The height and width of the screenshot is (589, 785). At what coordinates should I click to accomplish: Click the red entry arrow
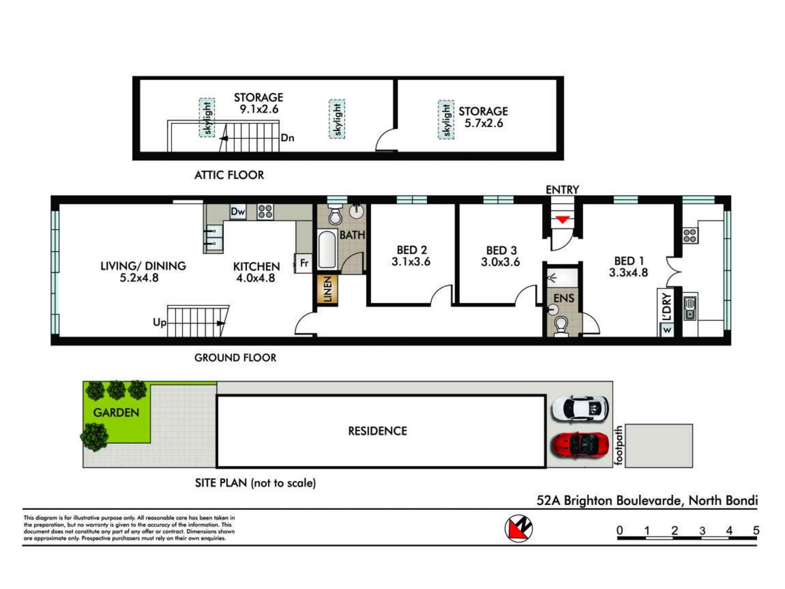pos(562,220)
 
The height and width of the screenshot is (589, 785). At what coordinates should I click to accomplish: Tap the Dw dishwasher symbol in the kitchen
pos(238,212)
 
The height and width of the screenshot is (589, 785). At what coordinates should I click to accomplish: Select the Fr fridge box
pos(303,263)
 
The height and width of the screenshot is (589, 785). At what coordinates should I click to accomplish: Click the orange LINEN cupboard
pos(327,289)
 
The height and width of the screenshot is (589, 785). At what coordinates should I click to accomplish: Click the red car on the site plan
pos(580,445)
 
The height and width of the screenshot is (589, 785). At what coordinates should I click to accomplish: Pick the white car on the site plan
pos(580,408)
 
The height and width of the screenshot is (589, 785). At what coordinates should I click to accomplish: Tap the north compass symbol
pos(518,528)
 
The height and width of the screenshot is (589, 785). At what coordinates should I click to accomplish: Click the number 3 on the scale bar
pos(702,530)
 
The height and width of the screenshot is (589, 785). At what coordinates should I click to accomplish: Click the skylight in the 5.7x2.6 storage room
pos(446,119)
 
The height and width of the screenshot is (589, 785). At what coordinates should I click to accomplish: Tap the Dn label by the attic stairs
pos(288,138)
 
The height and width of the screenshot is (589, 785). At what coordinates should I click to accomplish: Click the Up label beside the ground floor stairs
pos(159,323)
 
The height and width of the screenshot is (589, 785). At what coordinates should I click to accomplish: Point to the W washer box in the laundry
pos(667,330)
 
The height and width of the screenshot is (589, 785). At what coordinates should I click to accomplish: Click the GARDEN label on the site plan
pos(116,412)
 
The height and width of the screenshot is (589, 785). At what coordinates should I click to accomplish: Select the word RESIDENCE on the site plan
pos(378,431)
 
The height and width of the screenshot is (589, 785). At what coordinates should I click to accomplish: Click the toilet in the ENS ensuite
pos(561,327)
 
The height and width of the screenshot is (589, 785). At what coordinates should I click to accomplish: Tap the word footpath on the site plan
pos(619,446)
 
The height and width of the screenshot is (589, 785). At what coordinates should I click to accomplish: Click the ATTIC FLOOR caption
pos(229,175)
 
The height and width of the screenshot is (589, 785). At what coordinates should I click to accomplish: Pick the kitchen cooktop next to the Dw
pos(265,211)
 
